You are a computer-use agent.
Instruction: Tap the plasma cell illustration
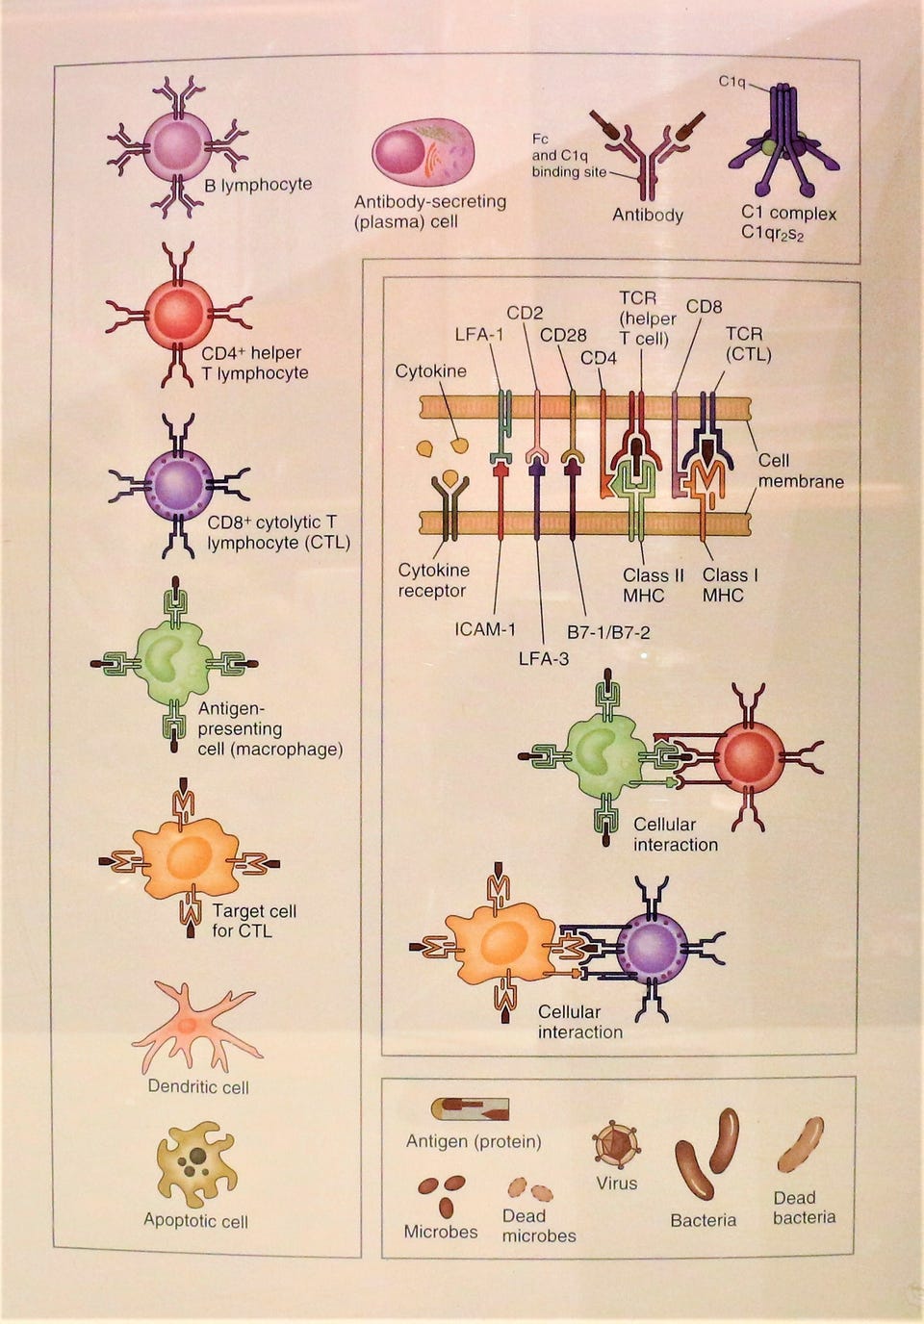click(423, 153)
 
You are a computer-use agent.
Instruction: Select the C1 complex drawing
click(783, 144)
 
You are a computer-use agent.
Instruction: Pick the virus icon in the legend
click(615, 1144)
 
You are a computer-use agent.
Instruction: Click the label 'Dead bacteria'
click(804, 1208)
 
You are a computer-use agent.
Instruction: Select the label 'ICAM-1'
click(485, 629)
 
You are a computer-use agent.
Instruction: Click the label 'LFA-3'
click(544, 658)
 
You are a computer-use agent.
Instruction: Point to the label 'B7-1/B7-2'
click(607, 632)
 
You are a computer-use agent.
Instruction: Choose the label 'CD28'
click(563, 335)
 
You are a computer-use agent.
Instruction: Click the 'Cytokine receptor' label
click(433, 580)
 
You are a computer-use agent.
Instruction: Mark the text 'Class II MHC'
click(653, 585)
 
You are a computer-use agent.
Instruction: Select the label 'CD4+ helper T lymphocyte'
click(254, 363)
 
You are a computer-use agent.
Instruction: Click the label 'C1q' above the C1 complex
click(731, 82)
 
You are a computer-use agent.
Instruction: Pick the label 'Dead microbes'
click(538, 1225)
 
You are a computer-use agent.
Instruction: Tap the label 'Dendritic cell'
click(198, 1087)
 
